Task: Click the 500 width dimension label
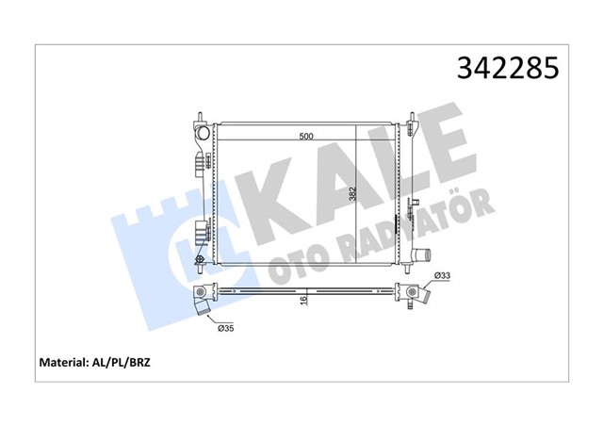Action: click(x=305, y=137)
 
